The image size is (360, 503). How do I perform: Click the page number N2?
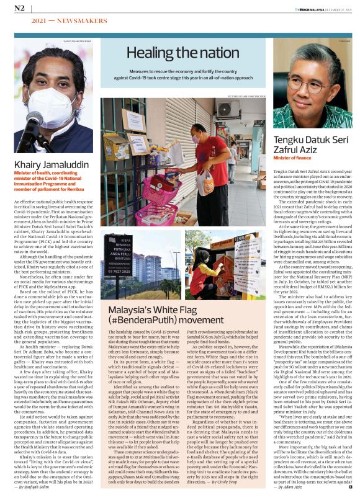[19, 8]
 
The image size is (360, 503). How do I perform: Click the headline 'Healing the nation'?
[179, 55]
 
